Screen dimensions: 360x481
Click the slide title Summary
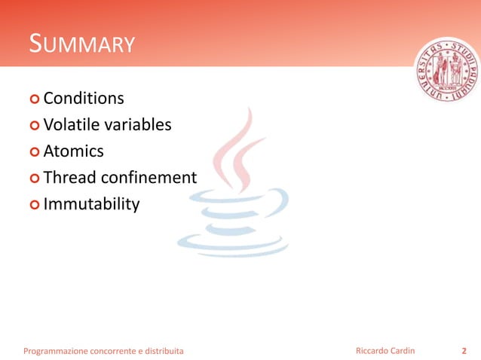(81, 44)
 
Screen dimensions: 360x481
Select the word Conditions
(84, 99)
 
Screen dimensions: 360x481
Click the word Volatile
(70, 125)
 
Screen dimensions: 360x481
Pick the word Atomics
(73, 151)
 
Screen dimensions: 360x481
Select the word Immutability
(91, 204)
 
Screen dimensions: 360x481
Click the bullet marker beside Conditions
(35, 99)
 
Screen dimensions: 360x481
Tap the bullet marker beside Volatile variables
(35, 126)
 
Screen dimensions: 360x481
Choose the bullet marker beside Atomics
(35, 152)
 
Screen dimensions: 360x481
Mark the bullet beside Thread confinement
(35, 178)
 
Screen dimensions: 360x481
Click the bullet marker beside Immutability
(35, 205)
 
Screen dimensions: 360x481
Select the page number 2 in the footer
(464, 351)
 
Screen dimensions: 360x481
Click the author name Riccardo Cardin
(384, 351)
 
